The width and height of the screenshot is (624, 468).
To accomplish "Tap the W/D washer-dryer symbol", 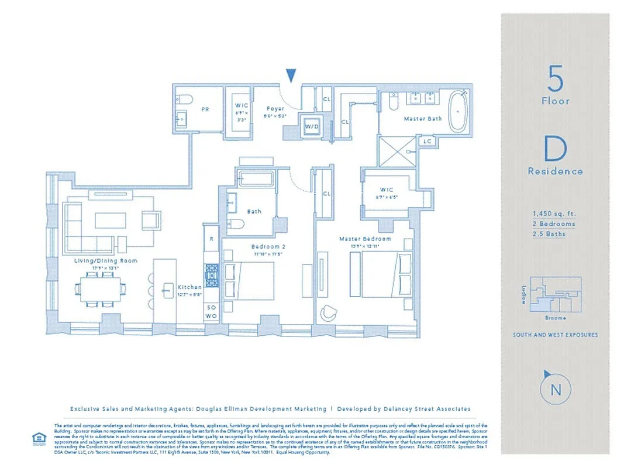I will click(x=309, y=126).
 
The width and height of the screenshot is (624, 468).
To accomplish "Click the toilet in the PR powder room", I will click(x=182, y=99).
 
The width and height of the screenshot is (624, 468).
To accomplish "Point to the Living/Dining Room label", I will click(x=105, y=260).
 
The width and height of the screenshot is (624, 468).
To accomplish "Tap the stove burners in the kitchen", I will click(x=211, y=273).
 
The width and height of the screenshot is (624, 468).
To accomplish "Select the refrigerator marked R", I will click(x=211, y=239).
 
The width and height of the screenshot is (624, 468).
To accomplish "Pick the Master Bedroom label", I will click(x=365, y=239).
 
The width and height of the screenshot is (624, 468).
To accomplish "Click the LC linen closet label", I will click(x=426, y=141).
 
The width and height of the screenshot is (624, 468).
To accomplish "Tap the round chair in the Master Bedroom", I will click(x=328, y=314).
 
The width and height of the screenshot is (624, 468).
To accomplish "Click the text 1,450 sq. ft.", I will click(x=554, y=214).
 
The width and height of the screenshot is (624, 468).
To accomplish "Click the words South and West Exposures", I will click(x=555, y=335).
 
